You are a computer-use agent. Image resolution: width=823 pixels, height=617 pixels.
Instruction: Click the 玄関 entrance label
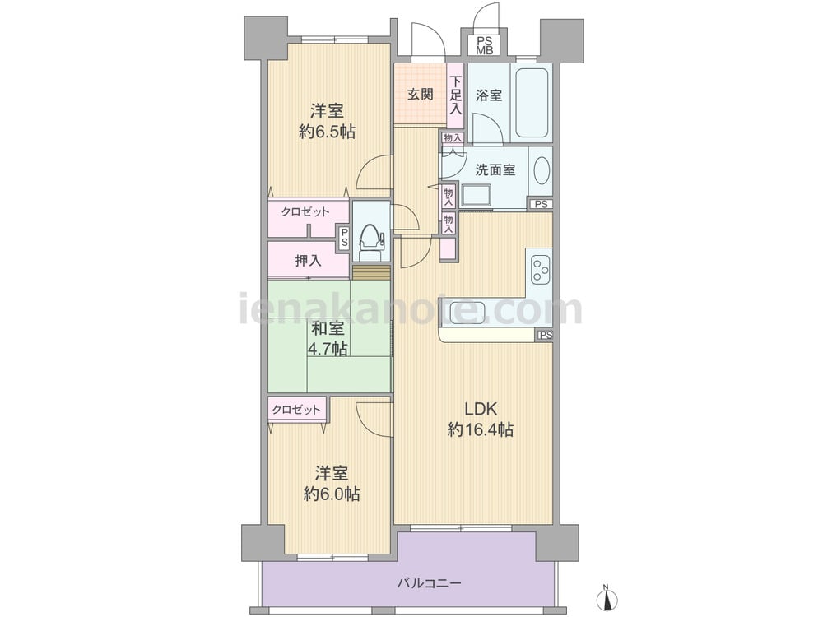coord(421,95)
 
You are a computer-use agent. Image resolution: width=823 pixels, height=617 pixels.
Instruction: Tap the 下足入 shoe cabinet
coord(456,95)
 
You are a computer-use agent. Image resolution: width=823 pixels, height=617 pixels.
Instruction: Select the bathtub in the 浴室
coord(532,102)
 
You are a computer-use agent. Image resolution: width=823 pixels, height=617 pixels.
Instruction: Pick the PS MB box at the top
coord(485,45)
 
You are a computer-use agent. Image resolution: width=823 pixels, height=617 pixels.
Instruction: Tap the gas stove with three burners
coord(540,270)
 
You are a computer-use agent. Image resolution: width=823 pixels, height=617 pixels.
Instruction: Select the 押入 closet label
coord(308,260)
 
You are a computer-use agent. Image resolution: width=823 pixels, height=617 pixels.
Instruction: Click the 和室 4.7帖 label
coord(328,338)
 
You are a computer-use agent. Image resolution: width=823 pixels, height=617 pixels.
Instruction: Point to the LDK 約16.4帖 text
coord(481,420)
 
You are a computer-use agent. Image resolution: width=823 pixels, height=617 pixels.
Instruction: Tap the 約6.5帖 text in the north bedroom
coord(327,131)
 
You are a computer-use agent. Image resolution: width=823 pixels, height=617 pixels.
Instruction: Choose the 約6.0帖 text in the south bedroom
coord(331,494)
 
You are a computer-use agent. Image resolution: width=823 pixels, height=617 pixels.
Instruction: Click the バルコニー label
coord(430,583)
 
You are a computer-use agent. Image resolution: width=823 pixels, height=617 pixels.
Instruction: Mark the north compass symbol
coord(607,596)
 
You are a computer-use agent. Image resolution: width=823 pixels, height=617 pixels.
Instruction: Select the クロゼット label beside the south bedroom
coord(296,410)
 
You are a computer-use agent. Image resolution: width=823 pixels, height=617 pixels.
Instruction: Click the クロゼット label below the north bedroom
coord(305,212)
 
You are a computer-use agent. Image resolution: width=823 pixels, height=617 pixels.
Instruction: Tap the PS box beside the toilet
coord(344,238)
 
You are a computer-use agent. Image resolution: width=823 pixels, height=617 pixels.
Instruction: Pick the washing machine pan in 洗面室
coord(477,196)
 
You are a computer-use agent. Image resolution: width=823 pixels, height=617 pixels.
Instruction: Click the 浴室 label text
coord(489,96)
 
